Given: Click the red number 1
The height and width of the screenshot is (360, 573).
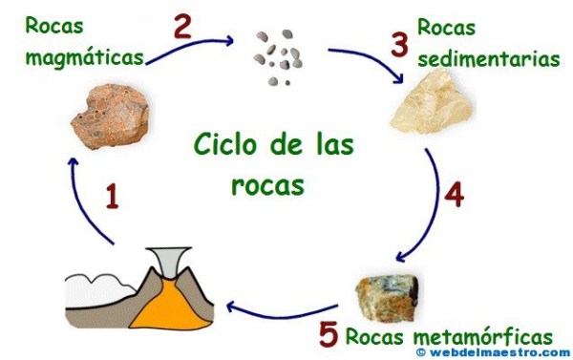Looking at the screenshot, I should (x=113, y=198).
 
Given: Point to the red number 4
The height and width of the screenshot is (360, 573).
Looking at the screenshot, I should (x=454, y=194).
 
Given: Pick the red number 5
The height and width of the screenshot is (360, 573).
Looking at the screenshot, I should (x=328, y=335).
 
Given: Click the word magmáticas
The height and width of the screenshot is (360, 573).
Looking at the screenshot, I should (x=85, y=56).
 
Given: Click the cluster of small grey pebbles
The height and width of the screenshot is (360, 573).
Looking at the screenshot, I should (x=278, y=56).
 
